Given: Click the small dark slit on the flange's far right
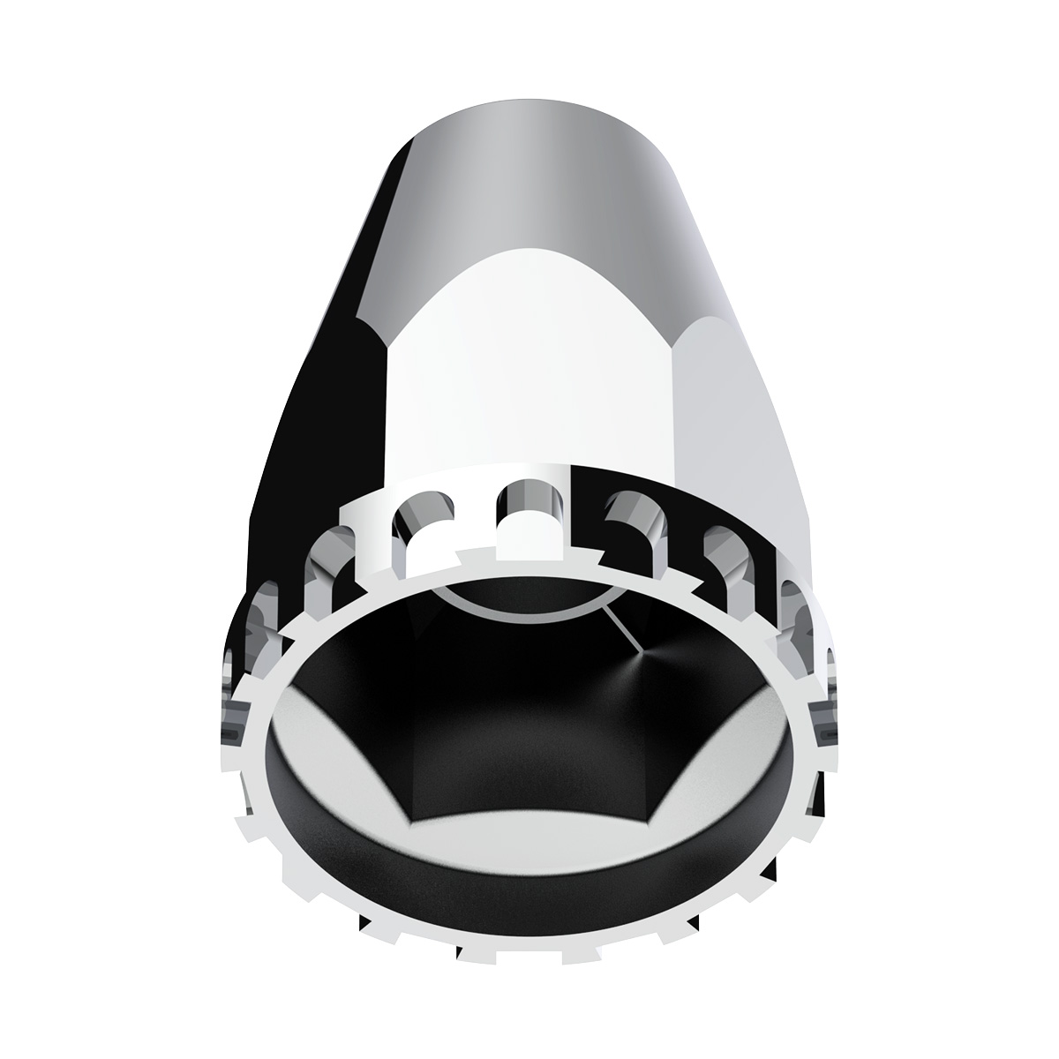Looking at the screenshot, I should pyautogui.click(x=826, y=733).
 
